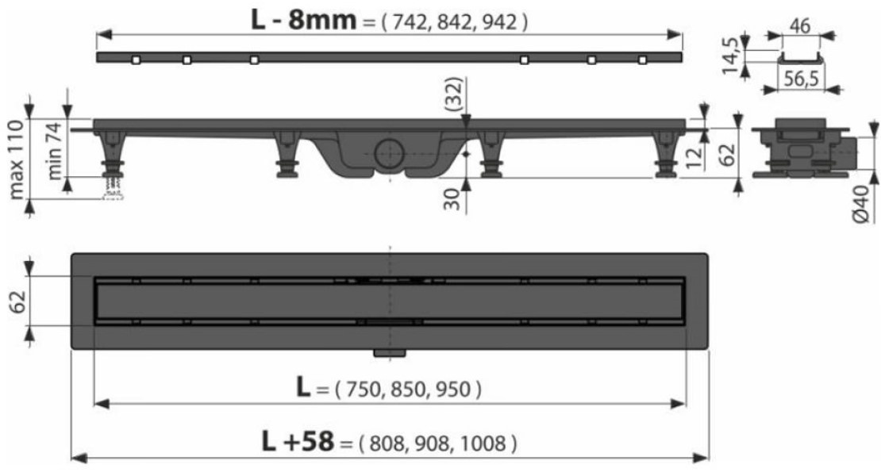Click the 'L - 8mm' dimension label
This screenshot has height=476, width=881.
click(x=303, y=20)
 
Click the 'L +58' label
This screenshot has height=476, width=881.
click(x=298, y=441)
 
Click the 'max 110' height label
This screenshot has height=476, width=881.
click(x=17, y=159)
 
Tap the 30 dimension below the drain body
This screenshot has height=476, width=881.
click(x=452, y=198)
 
